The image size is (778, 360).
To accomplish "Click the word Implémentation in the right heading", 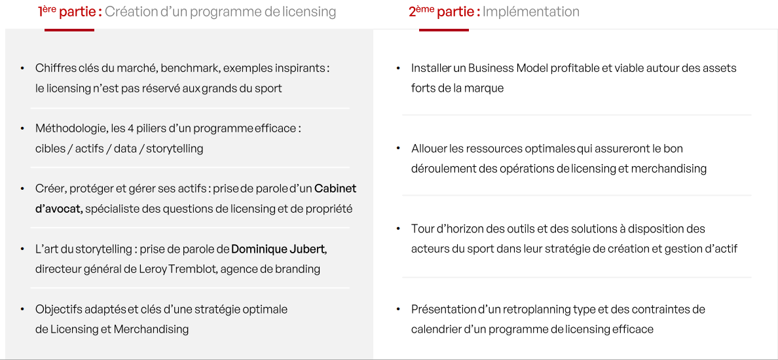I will coord(531,12).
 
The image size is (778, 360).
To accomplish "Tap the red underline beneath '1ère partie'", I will coord(69,29).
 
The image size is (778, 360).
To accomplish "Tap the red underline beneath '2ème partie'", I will coord(444,29).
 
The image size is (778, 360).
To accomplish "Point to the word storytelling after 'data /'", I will coord(175,149).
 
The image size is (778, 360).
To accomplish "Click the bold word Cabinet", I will coord(335,189).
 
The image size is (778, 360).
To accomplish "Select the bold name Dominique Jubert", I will coord(278,249).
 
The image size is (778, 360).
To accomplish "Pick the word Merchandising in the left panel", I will coord(151,329).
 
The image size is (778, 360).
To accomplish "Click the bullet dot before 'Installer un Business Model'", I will coord(398,68).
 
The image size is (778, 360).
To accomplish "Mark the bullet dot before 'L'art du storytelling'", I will coord(22,249).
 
